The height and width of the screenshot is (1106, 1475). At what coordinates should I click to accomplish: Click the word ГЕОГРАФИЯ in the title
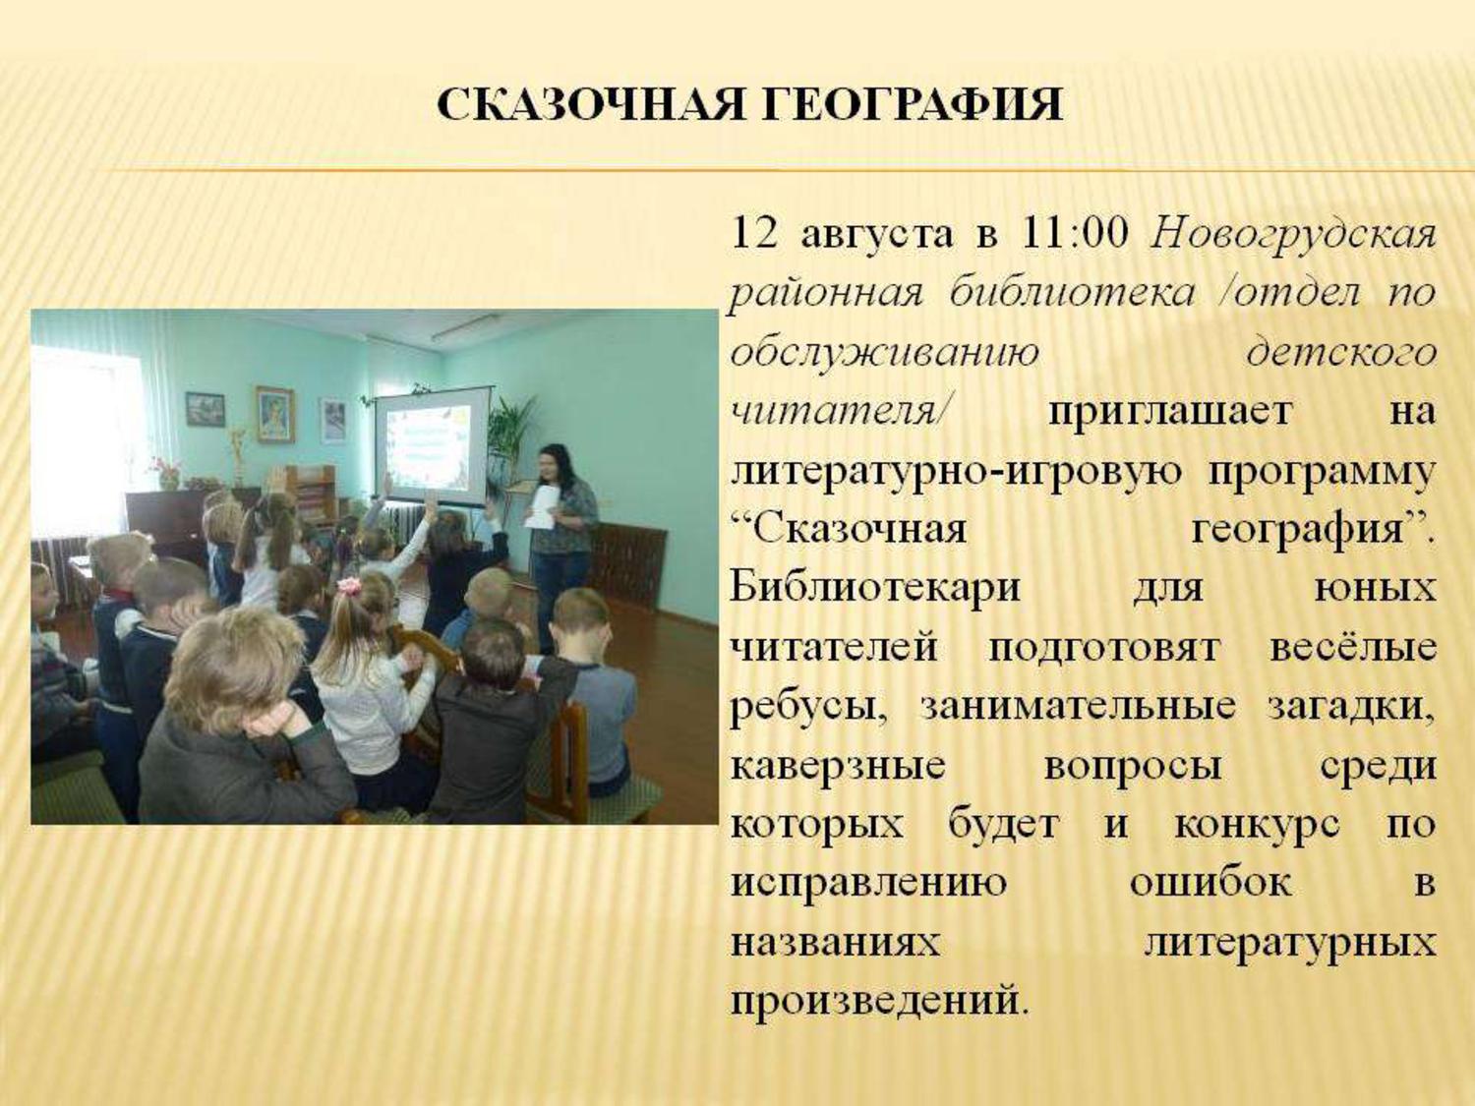[x=911, y=105]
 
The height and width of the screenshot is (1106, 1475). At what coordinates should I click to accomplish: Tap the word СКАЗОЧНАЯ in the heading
[x=589, y=105]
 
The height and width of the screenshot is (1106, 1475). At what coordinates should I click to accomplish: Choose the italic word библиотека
[x=1073, y=294]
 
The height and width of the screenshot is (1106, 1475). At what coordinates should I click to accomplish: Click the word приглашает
[x=1170, y=412]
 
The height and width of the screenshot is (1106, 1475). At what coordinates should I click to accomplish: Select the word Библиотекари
[x=875, y=588]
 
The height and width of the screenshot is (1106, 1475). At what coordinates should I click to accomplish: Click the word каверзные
[x=838, y=766]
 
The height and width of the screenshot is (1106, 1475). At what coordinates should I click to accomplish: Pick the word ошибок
[x=1210, y=883]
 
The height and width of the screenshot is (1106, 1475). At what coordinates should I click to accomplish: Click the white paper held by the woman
[x=542, y=507]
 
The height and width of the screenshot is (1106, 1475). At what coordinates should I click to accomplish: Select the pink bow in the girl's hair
[x=349, y=586]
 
